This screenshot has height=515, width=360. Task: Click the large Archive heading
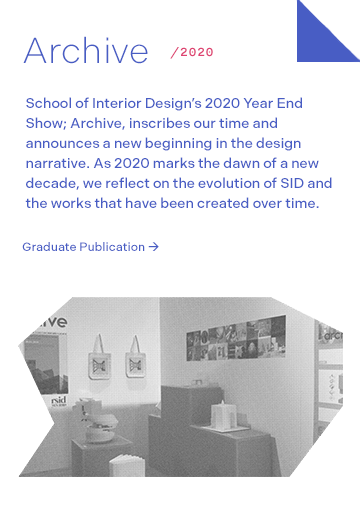pyautogui.click(x=85, y=50)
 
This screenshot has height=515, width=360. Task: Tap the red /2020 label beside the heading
pyautogui.click(x=192, y=52)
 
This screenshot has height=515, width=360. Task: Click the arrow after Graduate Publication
pyautogui.click(x=153, y=246)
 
